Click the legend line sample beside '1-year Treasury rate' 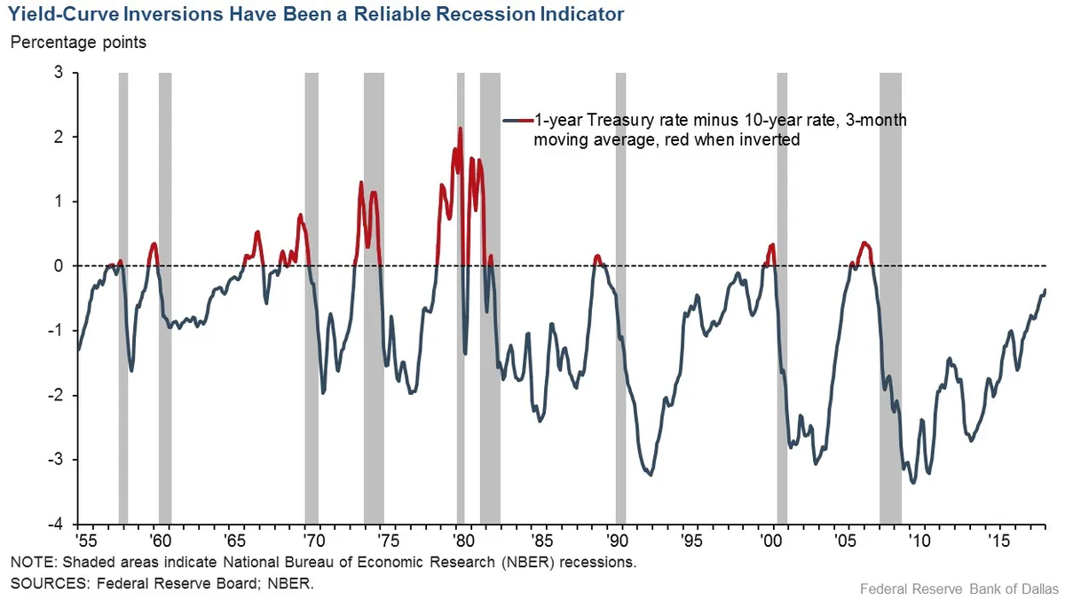point(517,120)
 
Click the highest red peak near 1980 point(460,129)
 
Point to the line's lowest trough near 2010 point(913,482)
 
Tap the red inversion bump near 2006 point(864,243)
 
